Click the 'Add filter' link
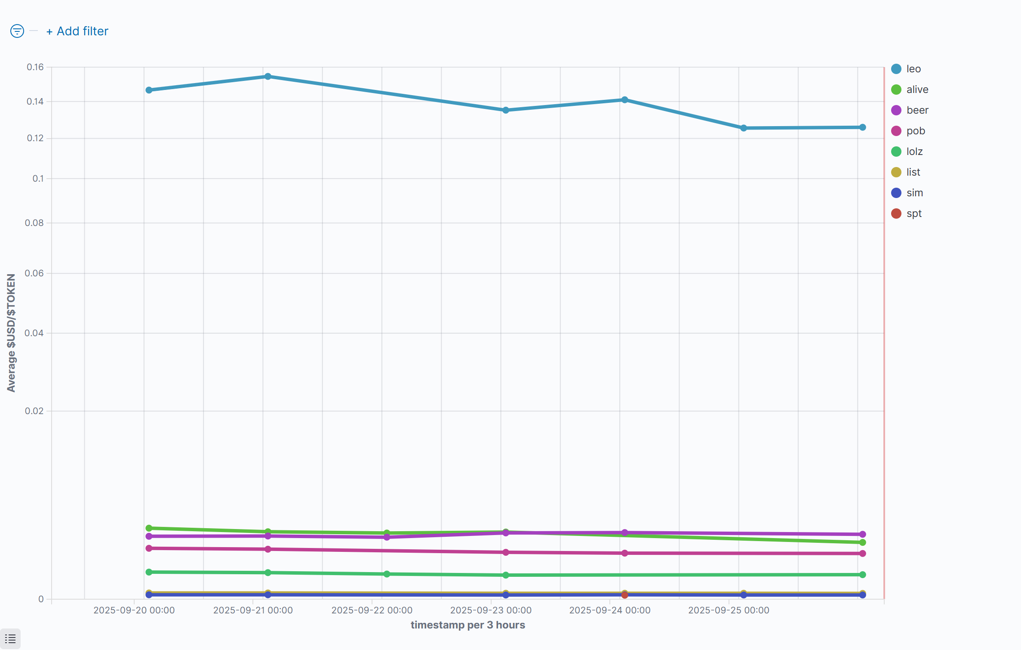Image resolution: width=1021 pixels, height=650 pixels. coord(78,31)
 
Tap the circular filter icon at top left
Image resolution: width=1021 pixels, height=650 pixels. coord(17,31)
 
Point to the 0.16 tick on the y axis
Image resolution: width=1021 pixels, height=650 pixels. coord(35,67)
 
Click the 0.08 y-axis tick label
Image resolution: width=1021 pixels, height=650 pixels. coord(34,223)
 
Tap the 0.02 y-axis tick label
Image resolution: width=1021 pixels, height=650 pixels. coord(34,411)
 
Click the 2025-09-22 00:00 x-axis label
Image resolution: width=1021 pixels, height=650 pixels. coord(372,610)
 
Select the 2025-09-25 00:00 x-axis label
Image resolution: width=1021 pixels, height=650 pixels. coord(729,610)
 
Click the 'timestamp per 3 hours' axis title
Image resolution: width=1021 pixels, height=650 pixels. coord(467,625)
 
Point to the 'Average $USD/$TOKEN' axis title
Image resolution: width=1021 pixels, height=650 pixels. coord(11,332)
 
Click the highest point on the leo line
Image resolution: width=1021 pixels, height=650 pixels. coord(268,77)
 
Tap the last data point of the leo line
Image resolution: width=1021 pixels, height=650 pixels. coord(862,127)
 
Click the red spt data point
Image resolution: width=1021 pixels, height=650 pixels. coord(624,595)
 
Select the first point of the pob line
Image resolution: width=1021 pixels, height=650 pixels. coord(149,548)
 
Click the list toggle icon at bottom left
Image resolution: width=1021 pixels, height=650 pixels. coord(10,639)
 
